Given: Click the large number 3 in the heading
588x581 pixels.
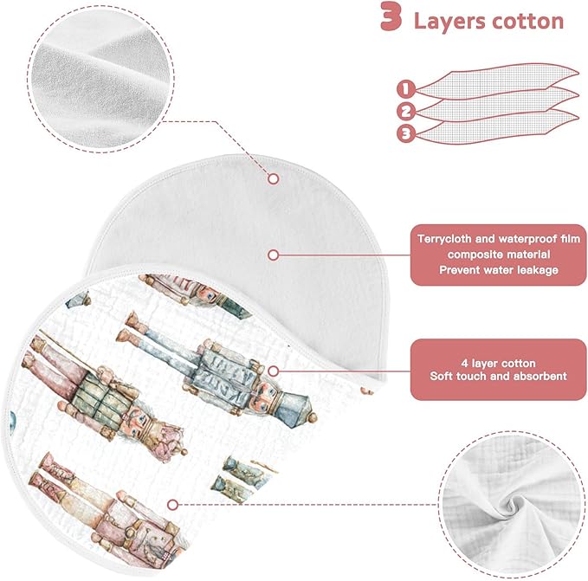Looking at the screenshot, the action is pyautogui.click(x=391, y=16).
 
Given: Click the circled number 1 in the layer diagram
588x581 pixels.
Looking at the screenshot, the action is pyautogui.click(x=406, y=89).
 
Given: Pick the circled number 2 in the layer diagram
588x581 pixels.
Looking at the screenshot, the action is pyautogui.click(x=406, y=112).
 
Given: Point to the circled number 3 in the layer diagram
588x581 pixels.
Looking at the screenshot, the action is pyautogui.click(x=406, y=133).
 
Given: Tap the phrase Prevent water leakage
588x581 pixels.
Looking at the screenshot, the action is pyautogui.click(x=499, y=270).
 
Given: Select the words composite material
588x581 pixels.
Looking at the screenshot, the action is pyautogui.click(x=499, y=255).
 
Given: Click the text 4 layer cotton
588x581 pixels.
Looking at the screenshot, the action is pyautogui.click(x=499, y=363).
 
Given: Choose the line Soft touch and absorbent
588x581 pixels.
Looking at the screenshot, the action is pyautogui.click(x=499, y=376).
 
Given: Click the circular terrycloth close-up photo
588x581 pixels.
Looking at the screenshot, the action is pyautogui.click(x=100, y=79).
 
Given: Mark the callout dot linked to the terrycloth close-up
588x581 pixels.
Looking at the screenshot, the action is pyautogui.click(x=274, y=178).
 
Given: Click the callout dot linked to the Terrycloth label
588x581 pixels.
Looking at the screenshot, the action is pyautogui.click(x=274, y=255).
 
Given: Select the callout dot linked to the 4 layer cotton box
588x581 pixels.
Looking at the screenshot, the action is pyautogui.click(x=274, y=371).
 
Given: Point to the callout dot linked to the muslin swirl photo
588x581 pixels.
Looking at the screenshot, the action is pyautogui.click(x=172, y=505).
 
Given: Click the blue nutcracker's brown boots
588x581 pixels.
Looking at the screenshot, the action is pyautogui.click(x=132, y=327).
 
